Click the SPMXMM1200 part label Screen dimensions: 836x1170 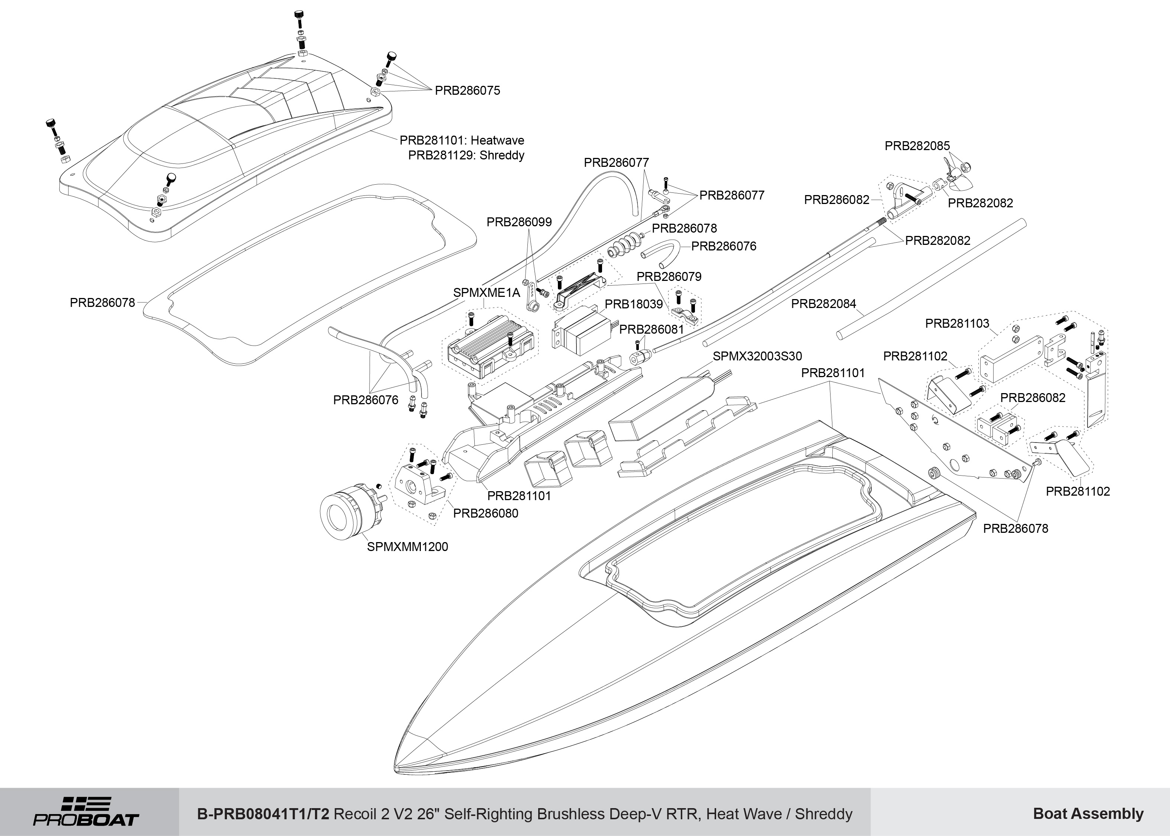tap(407, 547)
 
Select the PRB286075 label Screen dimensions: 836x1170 tap(467, 91)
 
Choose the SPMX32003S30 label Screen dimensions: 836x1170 tap(757, 356)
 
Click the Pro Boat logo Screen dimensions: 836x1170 tap(87, 812)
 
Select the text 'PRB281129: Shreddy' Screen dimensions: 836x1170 tap(466, 155)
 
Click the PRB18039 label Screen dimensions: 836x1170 tap(633, 304)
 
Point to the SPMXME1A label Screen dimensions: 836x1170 tap(486, 293)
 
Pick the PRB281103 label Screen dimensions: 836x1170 tap(957, 324)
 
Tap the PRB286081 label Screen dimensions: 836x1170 tap(651, 330)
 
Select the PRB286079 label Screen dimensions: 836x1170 tap(669, 276)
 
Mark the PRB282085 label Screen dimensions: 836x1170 tap(917, 146)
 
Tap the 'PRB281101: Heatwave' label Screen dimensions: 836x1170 tap(462, 140)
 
